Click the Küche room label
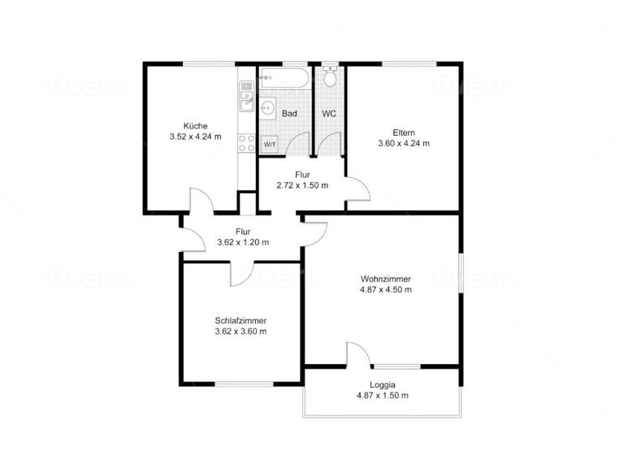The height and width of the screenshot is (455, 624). (x=195, y=126)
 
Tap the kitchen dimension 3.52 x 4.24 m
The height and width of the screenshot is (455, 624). (x=195, y=137)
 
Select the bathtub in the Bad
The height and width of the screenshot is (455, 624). (x=284, y=80)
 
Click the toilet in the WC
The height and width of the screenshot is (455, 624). (x=329, y=79)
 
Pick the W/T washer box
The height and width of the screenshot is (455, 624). (x=269, y=144)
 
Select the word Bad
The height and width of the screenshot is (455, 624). (x=289, y=114)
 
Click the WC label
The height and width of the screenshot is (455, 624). (x=329, y=114)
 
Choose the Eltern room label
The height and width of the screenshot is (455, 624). (x=404, y=132)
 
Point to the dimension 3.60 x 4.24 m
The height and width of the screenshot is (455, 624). (x=404, y=143)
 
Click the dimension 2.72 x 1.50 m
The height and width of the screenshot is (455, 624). (x=302, y=185)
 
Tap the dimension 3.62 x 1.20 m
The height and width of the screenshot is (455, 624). (x=243, y=242)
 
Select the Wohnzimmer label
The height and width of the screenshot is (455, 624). (x=386, y=279)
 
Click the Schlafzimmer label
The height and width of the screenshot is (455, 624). (x=241, y=320)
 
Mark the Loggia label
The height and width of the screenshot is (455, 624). (x=382, y=384)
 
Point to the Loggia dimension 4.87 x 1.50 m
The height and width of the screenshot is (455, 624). (x=382, y=396)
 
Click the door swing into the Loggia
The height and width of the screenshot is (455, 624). (x=358, y=355)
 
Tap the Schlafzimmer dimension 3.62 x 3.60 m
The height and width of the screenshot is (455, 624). (x=241, y=331)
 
